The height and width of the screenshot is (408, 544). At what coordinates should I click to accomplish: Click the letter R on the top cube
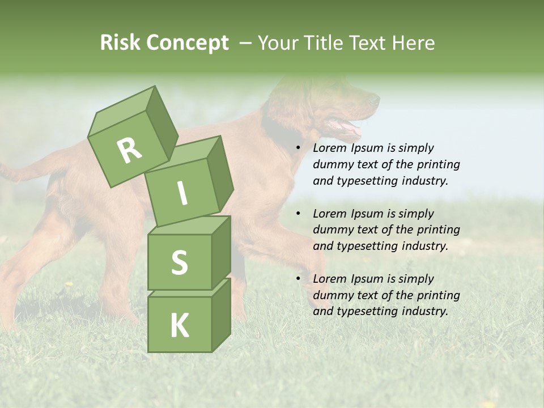pos(129,150)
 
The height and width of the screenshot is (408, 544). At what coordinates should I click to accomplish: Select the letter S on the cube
pos(179,262)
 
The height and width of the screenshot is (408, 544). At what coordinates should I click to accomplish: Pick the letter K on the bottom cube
pos(179,326)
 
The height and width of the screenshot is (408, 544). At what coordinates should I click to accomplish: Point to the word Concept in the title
pos(186,44)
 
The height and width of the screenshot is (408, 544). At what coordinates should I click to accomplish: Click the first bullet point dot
pos(298,148)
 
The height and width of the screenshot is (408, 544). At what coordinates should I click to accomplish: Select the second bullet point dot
pos(298,214)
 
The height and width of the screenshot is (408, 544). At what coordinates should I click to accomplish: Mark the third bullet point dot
pos(298,279)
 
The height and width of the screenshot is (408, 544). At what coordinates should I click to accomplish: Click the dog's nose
pos(375,99)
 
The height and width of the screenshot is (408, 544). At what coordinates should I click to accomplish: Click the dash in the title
pos(245,43)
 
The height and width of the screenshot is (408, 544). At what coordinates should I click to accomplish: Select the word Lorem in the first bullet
pos(330,148)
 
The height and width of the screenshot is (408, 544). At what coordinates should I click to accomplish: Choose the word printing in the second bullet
pos(438,229)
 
